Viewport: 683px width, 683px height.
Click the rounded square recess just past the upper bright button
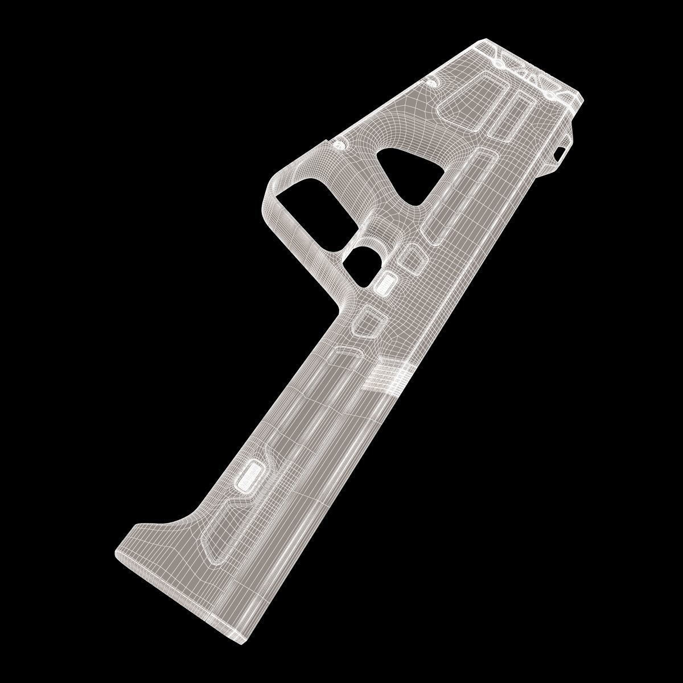pyautogui.click(x=367, y=321)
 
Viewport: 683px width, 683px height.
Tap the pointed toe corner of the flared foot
pyautogui.click(x=117, y=552)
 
